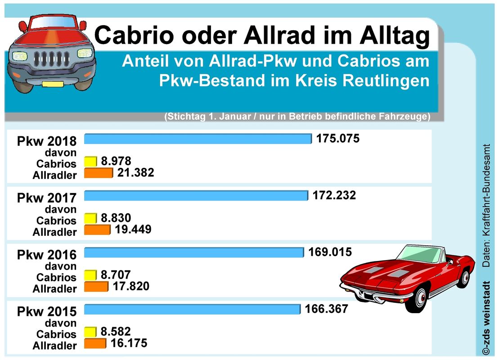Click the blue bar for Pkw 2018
(x=197, y=139)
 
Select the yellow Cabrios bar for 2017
(x=90, y=218)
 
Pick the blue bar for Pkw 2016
(x=194, y=252)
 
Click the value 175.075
(x=338, y=138)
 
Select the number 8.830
(x=116, y=218)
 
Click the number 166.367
(x=326, y=309)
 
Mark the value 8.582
(x=116, y=332)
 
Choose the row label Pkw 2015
(x=47, y=311)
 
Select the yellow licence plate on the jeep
(x=53, y=84)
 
